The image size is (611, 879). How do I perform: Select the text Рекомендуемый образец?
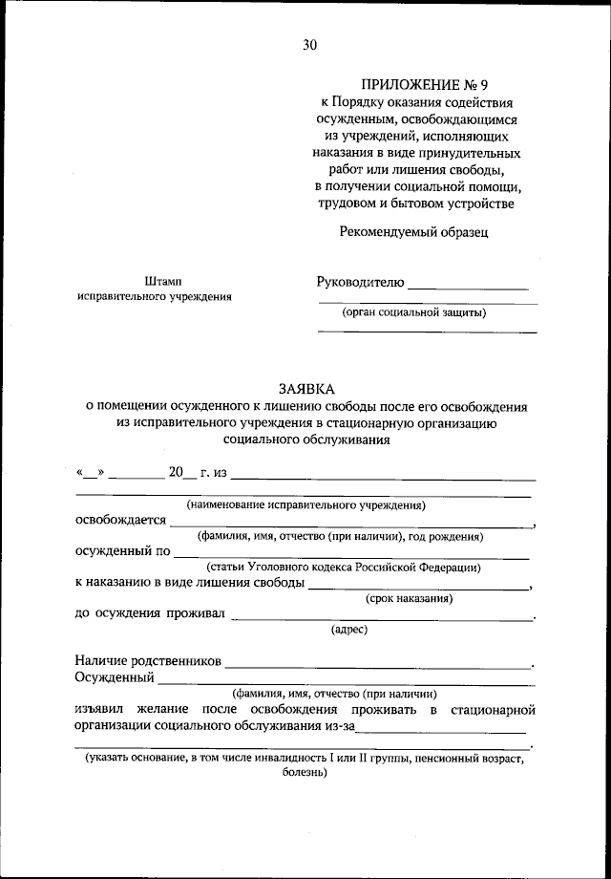click(414, 231)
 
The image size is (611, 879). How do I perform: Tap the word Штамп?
click(154, 281)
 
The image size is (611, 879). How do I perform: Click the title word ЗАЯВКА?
click(306, 389)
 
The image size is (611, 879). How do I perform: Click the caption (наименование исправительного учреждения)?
click(305, 504)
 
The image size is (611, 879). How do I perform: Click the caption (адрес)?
click(349, 630)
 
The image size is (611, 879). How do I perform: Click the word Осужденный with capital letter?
click(115, 677)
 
